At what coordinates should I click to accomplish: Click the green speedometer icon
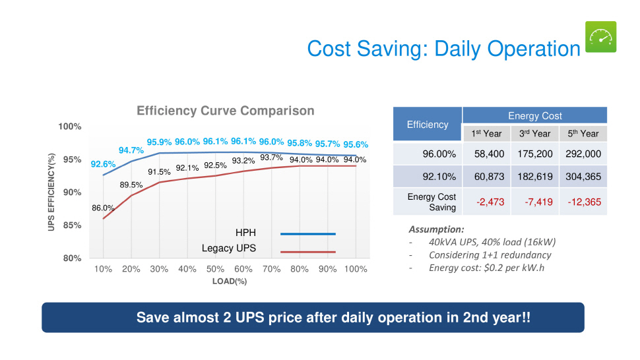point(600,37)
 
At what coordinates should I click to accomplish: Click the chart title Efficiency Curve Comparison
point(226,111)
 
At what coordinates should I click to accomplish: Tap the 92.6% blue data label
point(104,164)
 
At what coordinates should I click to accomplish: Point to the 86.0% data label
point(103,208)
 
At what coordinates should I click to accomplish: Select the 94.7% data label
point(131,150)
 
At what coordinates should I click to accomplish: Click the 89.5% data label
point(131,185)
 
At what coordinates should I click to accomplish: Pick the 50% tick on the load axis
point(215,269)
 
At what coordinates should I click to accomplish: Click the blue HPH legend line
point(308,233)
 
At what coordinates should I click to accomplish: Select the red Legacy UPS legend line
point(308,252)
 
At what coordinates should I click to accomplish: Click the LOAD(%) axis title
point(230,281)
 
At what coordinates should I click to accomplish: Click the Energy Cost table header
point(534,115)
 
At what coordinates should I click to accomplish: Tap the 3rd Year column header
point(534,133)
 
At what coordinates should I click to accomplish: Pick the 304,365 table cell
point(583,177)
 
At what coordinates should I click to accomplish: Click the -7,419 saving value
point(534,202)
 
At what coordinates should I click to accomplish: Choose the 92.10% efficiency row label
point(439,177)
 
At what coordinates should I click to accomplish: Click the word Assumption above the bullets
point(436,229)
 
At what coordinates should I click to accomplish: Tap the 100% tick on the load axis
point(355,269)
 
